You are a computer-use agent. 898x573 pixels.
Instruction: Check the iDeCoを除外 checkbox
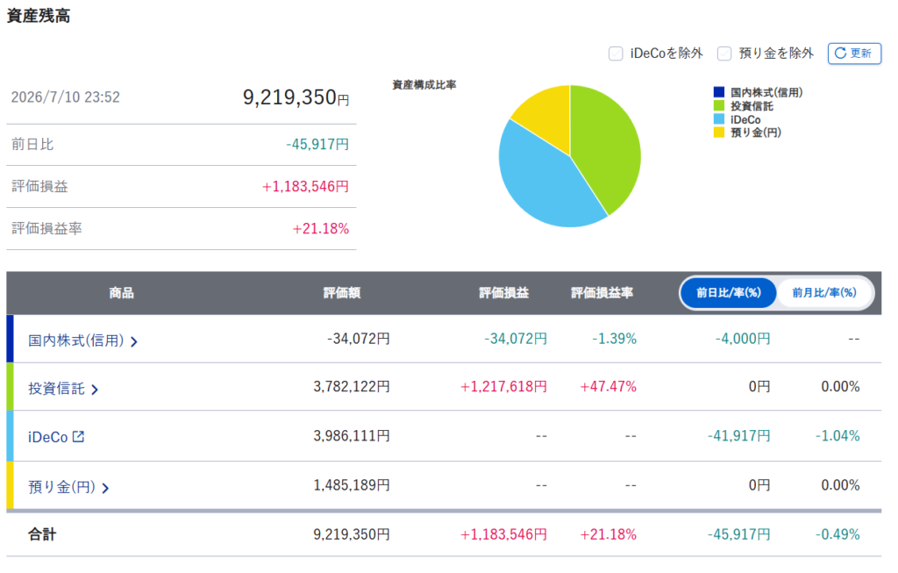point(616,54)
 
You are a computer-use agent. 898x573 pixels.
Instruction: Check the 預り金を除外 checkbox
point(724,54)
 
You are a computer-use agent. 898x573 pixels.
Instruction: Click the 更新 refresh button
point(854,54)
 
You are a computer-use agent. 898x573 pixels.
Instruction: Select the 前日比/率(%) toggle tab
point(729,293)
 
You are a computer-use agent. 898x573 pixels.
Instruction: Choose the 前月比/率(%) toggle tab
point(824,293)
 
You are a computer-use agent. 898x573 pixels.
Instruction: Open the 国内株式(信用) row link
point(83,340)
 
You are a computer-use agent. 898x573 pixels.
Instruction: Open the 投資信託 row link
point(63,389)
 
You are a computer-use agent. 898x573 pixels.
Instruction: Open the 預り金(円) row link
point(68,487)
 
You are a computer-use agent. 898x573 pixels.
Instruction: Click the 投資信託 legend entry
point(744,106)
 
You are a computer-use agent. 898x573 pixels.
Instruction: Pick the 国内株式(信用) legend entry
point(758,92)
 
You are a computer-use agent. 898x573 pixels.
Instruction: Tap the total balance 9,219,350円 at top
point(296,97)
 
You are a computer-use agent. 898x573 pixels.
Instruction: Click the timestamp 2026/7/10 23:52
point(65,97)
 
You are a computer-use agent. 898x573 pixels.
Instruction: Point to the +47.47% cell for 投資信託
point(609,387)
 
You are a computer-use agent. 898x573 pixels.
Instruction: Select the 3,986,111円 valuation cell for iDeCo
point(352,436)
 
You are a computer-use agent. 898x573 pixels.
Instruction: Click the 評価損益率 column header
point(602,293)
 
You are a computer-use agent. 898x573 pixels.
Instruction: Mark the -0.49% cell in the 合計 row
point(837,534)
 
